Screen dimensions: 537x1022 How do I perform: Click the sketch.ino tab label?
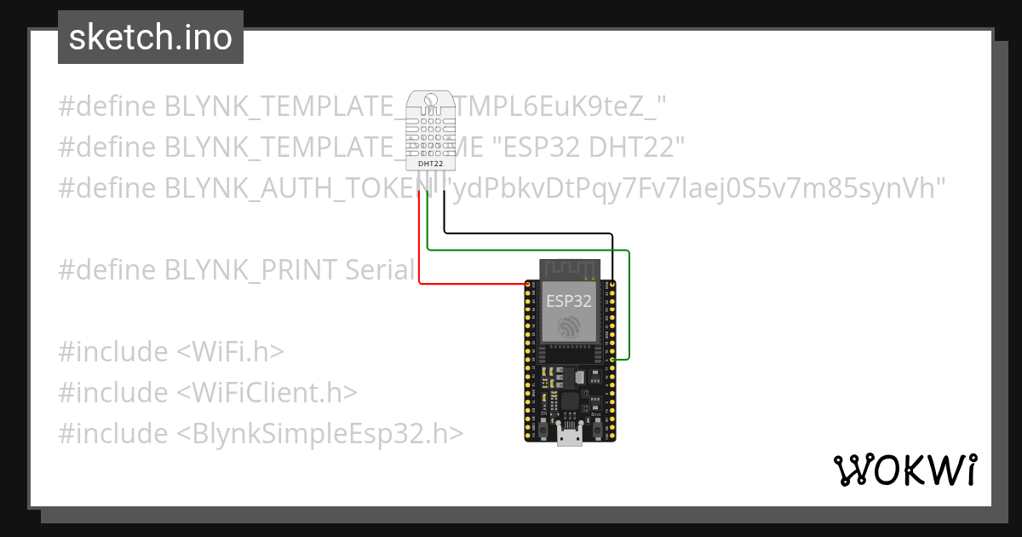pyautogui.click(x=151, y=38)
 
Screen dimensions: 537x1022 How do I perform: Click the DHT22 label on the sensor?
pyautogui.click(x=430, y=163)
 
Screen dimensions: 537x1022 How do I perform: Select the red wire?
pyautogui.click(x=420, y=247)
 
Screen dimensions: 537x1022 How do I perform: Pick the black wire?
pyautogui.click(x=528, y=233)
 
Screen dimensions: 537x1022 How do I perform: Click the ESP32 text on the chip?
pyautogui.click(x=568, y=300)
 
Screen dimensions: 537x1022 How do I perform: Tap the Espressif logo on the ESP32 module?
pyautogui.click(x=569, y=327)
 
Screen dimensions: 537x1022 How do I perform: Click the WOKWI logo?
pyautogui.click(x=904, y=470)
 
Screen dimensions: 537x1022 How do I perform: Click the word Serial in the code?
pyautogui.click(x=380, y=270)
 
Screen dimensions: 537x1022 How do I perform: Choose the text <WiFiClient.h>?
pyautogui.click(x=267, y=393)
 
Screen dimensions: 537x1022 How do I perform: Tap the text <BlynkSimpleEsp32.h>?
pyautogui.click(x=320, y=433)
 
